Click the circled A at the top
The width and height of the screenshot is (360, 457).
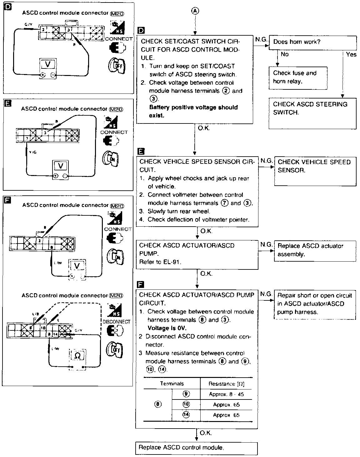195,11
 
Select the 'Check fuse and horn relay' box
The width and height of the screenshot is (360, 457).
298,77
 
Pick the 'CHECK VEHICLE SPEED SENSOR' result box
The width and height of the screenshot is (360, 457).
315,171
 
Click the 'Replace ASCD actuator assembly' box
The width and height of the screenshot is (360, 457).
315,250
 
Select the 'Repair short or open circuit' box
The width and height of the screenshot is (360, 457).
315,304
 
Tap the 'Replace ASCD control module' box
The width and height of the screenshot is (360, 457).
196,448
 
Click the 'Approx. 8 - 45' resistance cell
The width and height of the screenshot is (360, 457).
226,394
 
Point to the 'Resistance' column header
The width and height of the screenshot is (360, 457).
226,384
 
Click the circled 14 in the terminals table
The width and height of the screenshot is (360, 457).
186,415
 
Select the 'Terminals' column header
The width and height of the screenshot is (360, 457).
172,384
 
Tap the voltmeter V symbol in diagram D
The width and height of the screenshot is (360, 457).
47,64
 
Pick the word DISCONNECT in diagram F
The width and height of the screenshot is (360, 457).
116,322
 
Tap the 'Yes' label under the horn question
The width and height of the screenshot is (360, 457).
351,55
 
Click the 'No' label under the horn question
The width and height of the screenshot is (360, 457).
285,54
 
